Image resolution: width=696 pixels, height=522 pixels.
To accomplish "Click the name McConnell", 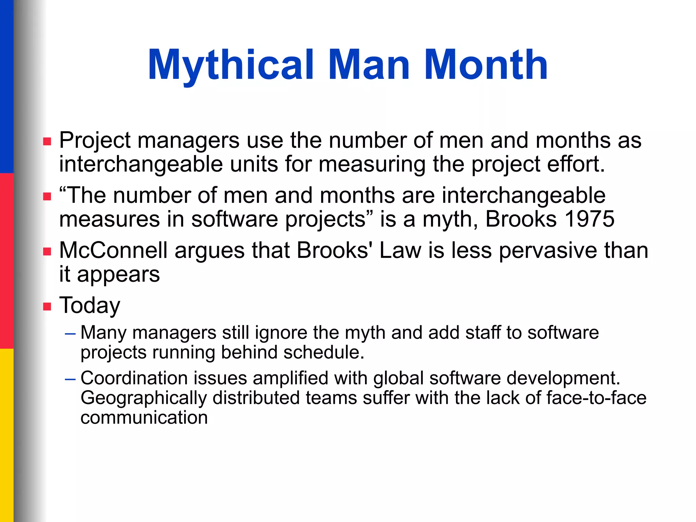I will point(113,250).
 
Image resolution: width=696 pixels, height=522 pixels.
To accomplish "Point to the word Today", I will point(90,306).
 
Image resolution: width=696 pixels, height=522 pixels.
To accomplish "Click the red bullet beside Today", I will point(47,307).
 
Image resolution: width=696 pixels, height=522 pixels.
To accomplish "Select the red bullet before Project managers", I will point(47,141).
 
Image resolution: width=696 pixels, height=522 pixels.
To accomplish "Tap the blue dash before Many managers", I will point(70,334).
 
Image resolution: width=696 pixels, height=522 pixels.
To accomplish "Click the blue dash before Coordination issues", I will point(70,379).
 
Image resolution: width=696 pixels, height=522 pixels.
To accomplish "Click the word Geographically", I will point(143,398).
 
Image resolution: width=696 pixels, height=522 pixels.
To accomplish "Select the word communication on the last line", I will point(144,417).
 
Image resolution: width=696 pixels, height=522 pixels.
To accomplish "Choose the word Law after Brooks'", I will point(400,250).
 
